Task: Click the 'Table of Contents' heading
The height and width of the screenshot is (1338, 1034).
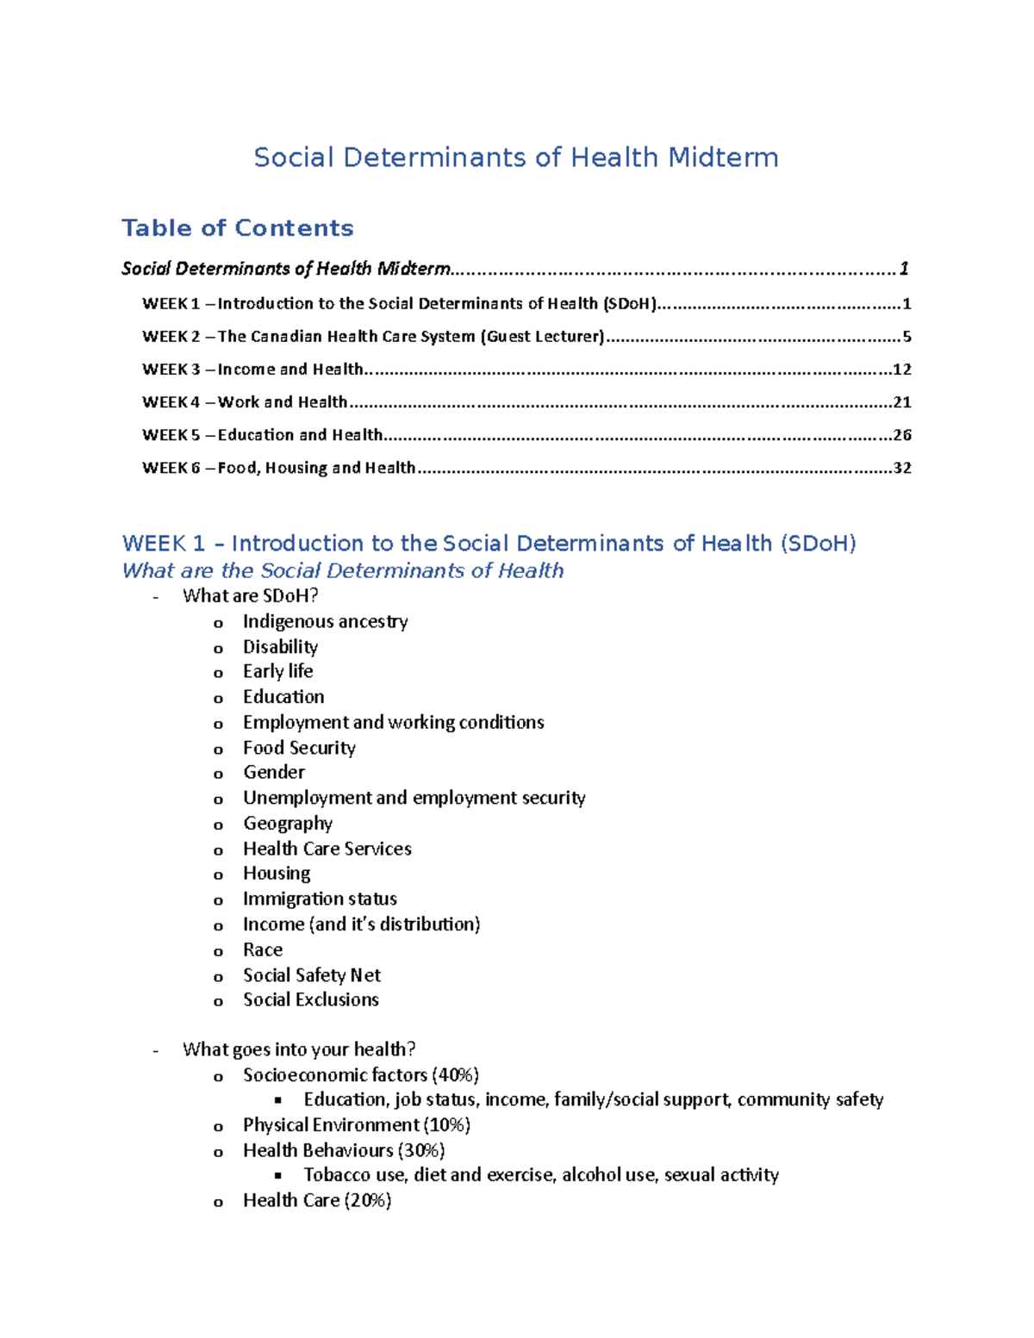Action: coord(237,227)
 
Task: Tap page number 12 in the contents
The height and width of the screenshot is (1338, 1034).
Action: coord(901,370)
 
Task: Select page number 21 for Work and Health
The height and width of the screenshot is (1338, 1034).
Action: coord(901,402)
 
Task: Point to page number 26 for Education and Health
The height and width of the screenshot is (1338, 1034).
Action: coord(901,435)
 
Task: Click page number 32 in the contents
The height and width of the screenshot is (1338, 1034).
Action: coord(901,468)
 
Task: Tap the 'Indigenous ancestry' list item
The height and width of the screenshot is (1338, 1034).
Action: coord(325,621)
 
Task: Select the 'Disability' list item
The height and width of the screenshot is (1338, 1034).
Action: coord(280,646)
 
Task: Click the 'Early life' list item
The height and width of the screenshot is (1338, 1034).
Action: coord(277,671)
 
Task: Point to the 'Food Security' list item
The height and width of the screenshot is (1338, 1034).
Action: coord(299,748)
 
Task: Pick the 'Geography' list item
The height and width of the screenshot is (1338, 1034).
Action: coord(287,824)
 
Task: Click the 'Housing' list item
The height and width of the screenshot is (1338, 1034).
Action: coord(276,874)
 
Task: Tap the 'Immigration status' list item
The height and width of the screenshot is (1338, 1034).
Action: coord(320,899)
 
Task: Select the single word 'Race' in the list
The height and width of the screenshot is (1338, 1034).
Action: coord(262,949)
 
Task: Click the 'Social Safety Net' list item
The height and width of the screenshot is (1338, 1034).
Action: coord(311,975)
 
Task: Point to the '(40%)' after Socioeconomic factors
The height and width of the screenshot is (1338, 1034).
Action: coord(455,1075)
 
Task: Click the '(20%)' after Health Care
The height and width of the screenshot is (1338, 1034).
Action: coord(367,1200)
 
